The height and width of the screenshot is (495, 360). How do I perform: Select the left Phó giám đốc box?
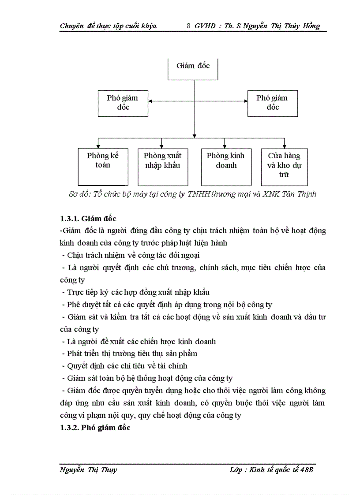123,103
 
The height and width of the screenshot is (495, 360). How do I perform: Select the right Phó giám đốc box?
272,103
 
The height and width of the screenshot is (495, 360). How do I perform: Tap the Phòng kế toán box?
103,166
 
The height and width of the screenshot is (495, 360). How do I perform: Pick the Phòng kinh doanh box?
225,166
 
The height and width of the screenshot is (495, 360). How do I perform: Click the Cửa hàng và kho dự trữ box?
284,166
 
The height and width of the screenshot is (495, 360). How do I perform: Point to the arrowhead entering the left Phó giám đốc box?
151,101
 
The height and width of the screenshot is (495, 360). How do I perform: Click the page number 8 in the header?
189,26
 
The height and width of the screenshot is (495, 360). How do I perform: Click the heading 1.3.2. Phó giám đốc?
95,428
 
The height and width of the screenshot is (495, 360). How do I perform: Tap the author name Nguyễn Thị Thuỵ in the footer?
88,470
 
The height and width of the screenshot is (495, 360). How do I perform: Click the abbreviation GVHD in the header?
205,26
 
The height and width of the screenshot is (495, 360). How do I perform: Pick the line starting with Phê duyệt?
168,305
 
